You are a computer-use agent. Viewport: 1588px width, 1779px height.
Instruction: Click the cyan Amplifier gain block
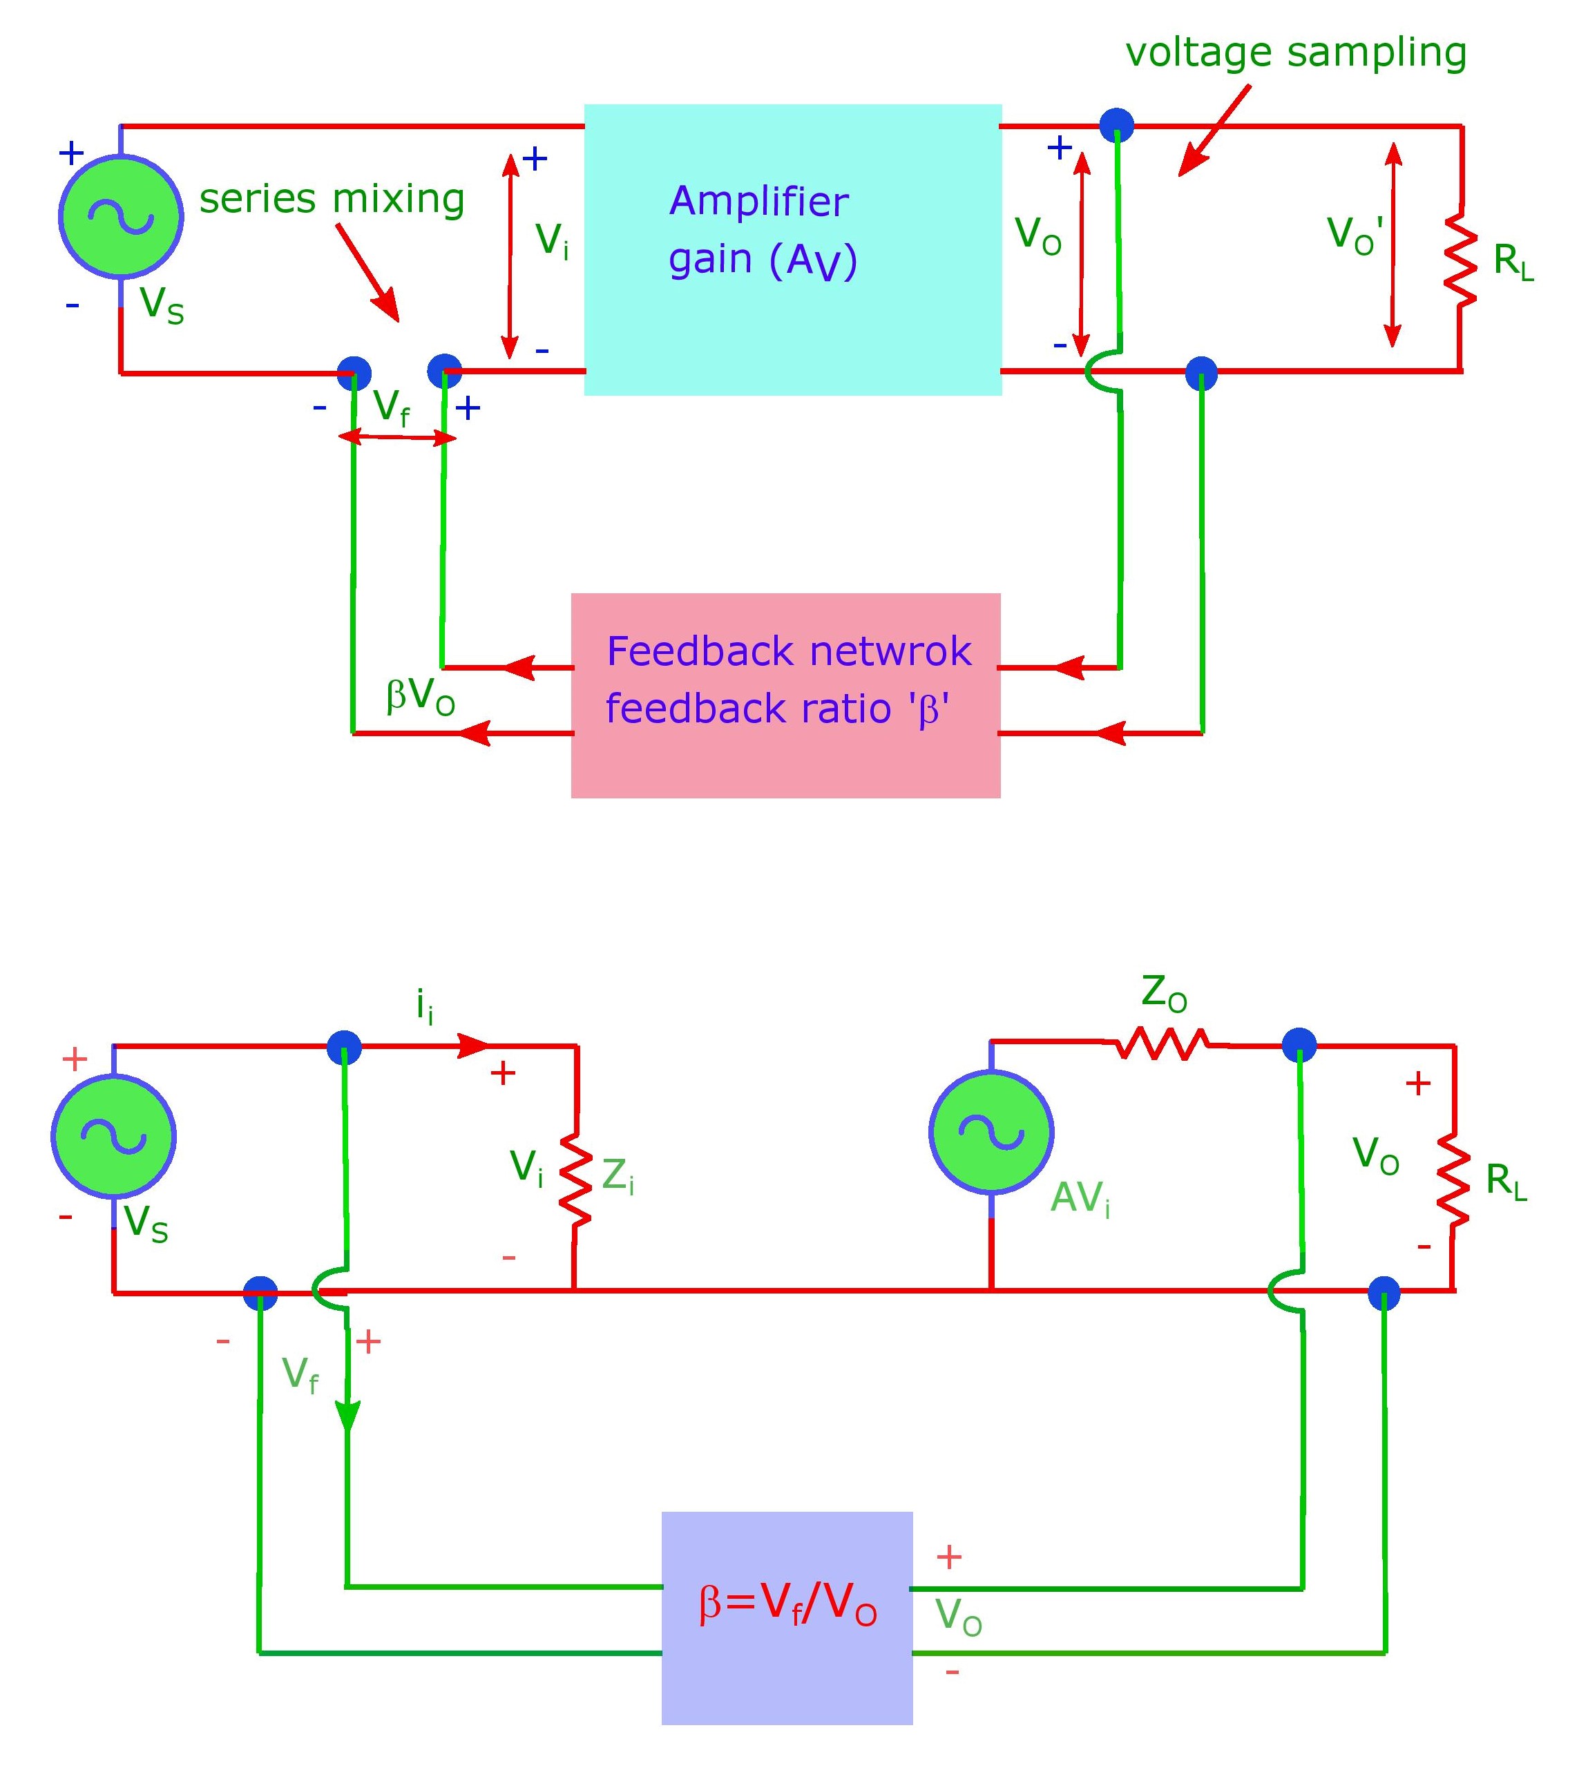[x=792, y=249]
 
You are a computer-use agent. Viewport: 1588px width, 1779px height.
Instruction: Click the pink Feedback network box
[x=785, y=695]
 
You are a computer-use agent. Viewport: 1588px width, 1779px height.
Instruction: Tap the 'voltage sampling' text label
[x=1296, y=52]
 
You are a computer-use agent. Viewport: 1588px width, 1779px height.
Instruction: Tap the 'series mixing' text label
[x=332, y=199]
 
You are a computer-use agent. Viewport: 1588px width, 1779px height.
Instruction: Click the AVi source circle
[x=991, y=1133]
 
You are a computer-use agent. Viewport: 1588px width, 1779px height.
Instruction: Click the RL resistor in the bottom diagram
[x=1453, y=1180]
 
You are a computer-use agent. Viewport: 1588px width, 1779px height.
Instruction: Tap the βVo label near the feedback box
[x=420, y=696]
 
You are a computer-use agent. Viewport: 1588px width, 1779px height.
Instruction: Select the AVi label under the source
[x=1080, y=1198]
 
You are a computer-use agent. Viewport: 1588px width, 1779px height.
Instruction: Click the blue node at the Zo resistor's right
[x=1299, y=1044]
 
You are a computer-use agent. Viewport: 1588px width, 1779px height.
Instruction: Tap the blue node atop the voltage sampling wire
[x=1116, y=125]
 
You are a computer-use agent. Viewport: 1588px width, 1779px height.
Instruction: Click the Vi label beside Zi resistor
[x=526, y=1167]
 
